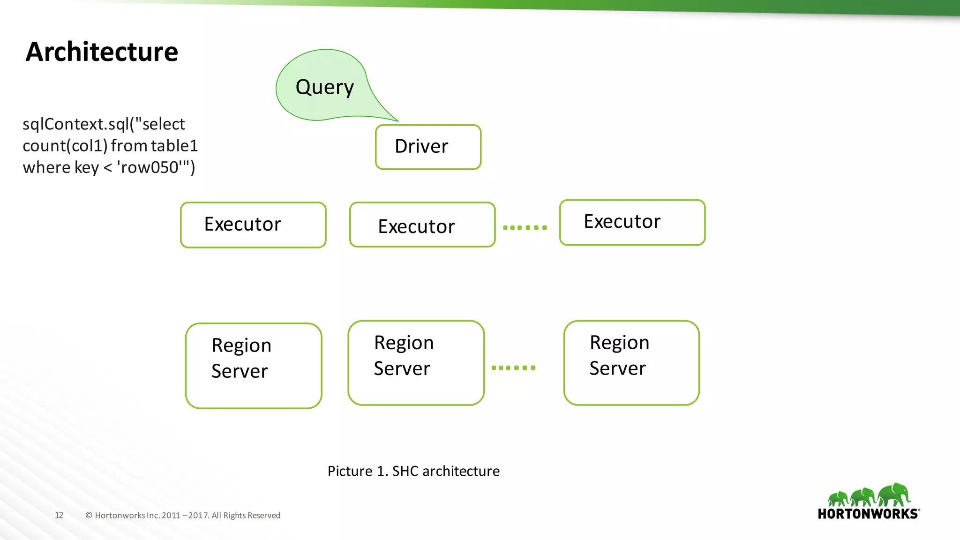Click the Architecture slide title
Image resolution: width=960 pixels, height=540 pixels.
[x=102, y=52]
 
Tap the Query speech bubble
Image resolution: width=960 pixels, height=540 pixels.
[x=324, y=87]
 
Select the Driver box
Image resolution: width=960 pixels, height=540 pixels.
[x=428, y=147]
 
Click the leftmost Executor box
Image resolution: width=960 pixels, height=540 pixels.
[x=253, y=225]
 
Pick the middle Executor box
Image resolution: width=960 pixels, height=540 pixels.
[x=422, y=225]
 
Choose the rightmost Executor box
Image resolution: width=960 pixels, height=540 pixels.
[x=632, y=222]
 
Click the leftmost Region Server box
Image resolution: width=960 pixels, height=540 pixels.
[x=254, y=365]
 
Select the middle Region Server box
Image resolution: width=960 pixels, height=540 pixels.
[x=416, y=362]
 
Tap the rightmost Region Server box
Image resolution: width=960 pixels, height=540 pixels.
[x=631, y=362]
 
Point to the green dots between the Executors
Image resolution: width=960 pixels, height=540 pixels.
[x=525, y=227]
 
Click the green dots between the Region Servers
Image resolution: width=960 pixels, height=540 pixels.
[x=513, y=367]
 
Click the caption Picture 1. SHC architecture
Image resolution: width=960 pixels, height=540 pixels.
[x=413, y=471]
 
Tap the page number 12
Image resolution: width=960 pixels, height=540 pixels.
[x=59, y=515]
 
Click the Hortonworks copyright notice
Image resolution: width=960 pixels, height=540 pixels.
[x=183, y=515]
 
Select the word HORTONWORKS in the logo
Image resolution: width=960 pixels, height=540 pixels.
[x=868, y=514]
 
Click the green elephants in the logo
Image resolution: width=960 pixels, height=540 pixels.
[x=869, y=495]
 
